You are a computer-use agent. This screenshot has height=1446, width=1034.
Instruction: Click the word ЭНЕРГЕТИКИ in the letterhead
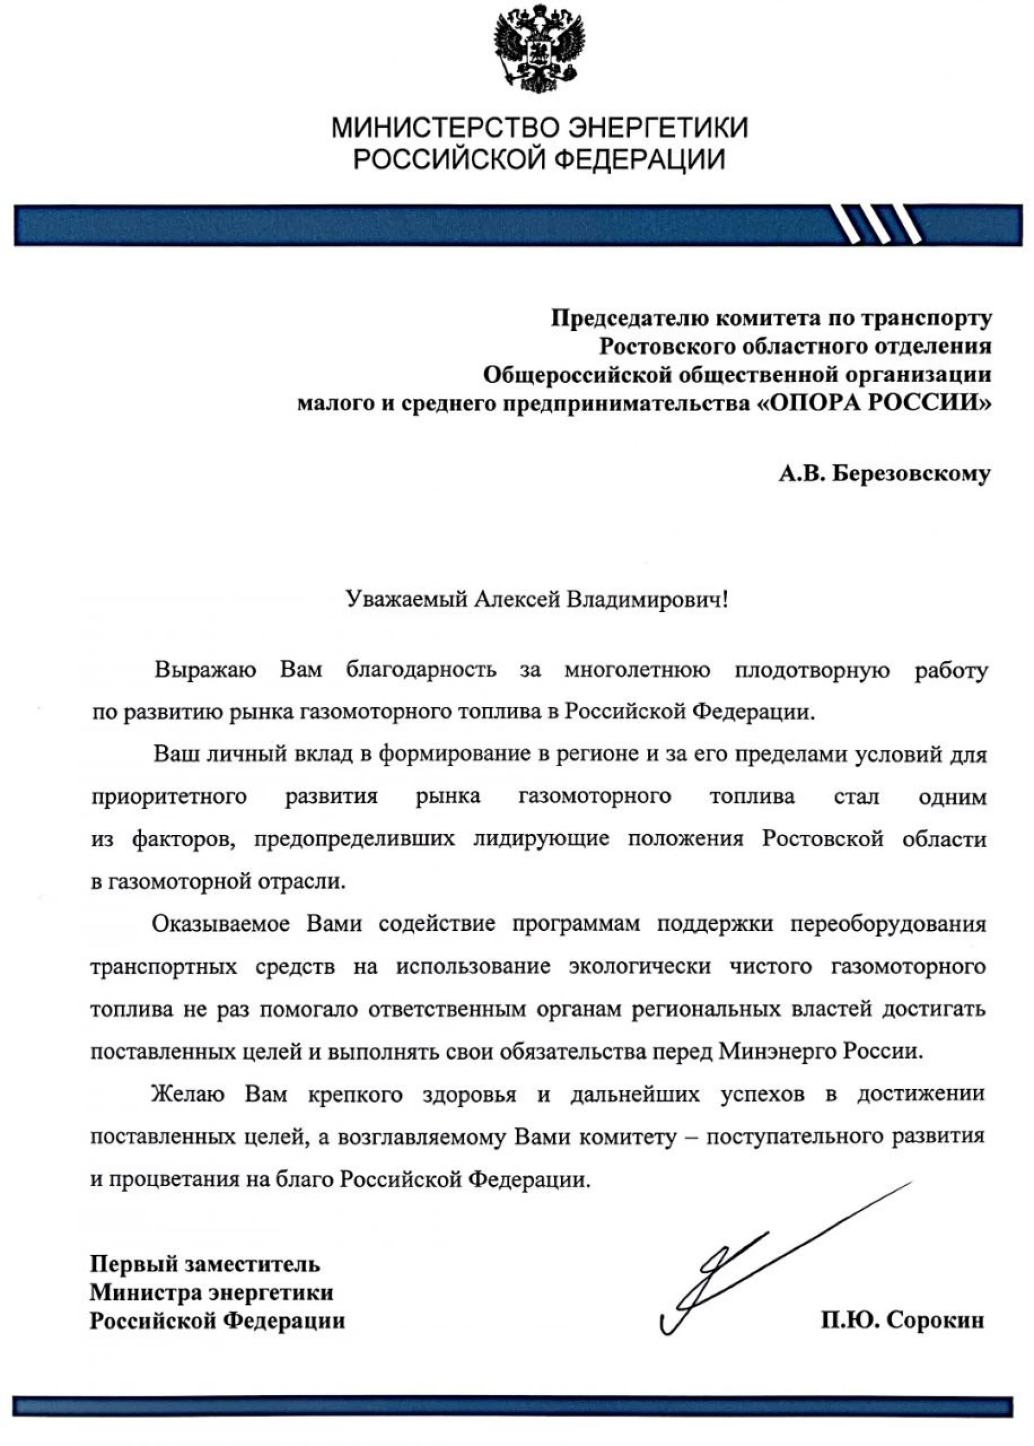(x=657, y=128)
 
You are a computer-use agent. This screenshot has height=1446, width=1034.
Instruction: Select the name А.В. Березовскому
(x=884, y=474)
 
